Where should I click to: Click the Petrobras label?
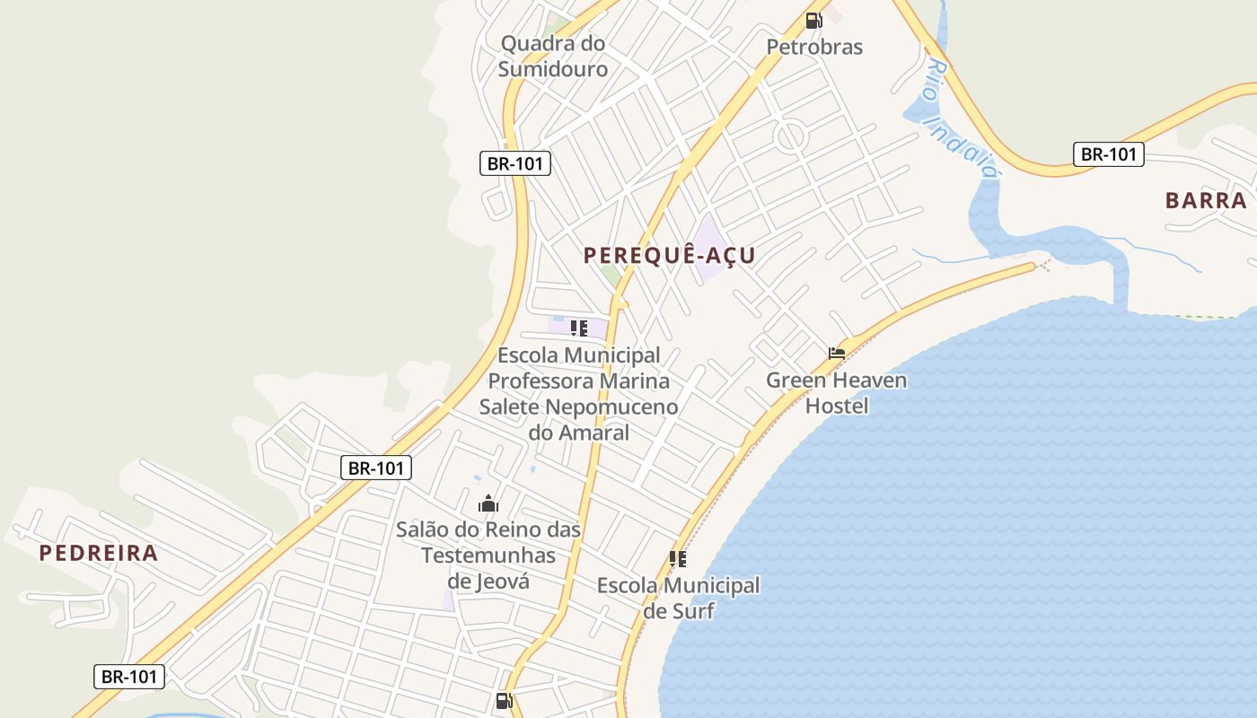click(814, 47)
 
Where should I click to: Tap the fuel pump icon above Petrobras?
click(813, 21)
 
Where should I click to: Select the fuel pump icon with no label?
click(505, 701)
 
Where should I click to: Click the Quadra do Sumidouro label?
click(553, 56)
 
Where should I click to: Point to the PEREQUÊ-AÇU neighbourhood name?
click(670, 256)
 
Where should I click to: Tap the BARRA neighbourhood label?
click(1206, 200)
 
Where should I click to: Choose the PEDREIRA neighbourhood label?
click(99, 553)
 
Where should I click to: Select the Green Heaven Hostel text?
click(836, 392)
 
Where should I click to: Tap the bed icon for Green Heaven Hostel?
click(837, 354)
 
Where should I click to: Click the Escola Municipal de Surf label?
click(678, 598)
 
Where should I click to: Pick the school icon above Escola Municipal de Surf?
click(678, 559)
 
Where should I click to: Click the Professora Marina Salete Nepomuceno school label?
click(578, 394)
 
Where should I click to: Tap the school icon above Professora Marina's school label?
click(579, 328)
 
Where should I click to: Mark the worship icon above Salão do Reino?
click(488, 503)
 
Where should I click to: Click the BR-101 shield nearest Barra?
click(1109, 154)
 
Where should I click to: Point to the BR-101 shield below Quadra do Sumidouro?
click(514, 163)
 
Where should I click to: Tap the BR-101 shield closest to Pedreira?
click(129, 677)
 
